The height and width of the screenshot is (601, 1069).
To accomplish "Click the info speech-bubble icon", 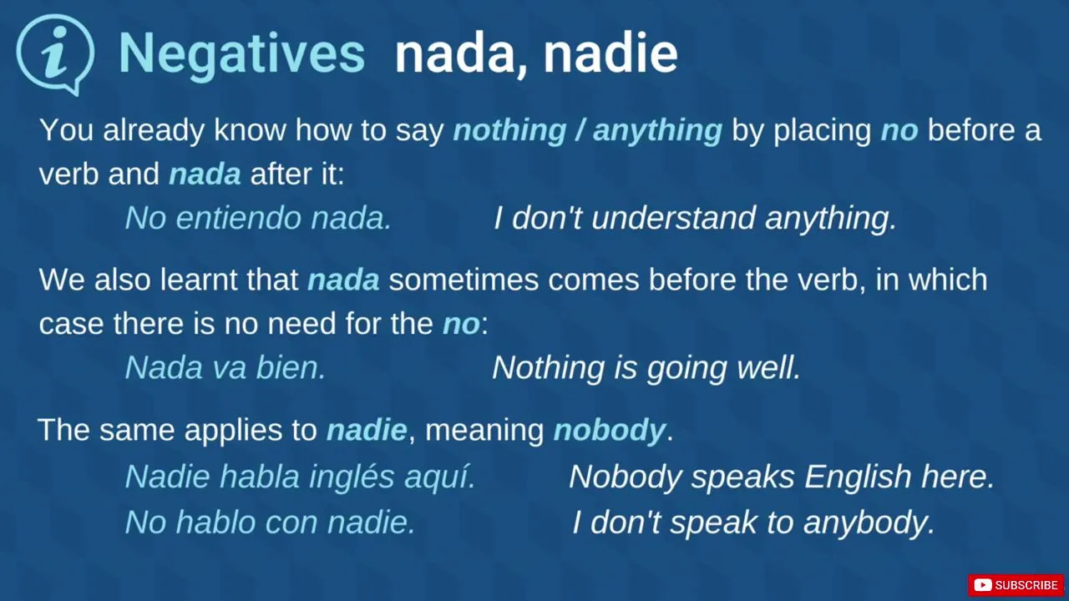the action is (55, 53).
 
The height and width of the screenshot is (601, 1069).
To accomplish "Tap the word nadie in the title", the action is (610, 53).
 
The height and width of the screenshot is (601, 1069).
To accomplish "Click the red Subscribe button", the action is (1016, 585).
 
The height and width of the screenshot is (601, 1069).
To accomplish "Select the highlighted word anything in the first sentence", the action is (657, 131).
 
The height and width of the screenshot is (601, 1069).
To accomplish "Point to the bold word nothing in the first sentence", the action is (509, 131).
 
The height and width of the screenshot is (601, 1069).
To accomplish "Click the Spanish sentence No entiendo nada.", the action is (258, 218).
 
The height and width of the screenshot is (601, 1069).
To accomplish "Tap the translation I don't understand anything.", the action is (695, 219).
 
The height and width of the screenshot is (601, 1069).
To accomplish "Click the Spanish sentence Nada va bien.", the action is (225, 368).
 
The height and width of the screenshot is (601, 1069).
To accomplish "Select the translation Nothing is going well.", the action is (646, 368).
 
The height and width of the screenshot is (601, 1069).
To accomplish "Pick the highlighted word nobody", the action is (609, 430).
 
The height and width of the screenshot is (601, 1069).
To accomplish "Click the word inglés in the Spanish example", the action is (352, 477).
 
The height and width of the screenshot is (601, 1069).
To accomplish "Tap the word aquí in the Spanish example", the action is (440, 477).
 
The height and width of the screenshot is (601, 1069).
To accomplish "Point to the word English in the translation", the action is (858, 477).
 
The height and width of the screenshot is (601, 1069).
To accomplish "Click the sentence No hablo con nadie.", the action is (270, 522).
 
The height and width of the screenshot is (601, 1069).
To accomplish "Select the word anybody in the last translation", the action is (869, 523).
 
